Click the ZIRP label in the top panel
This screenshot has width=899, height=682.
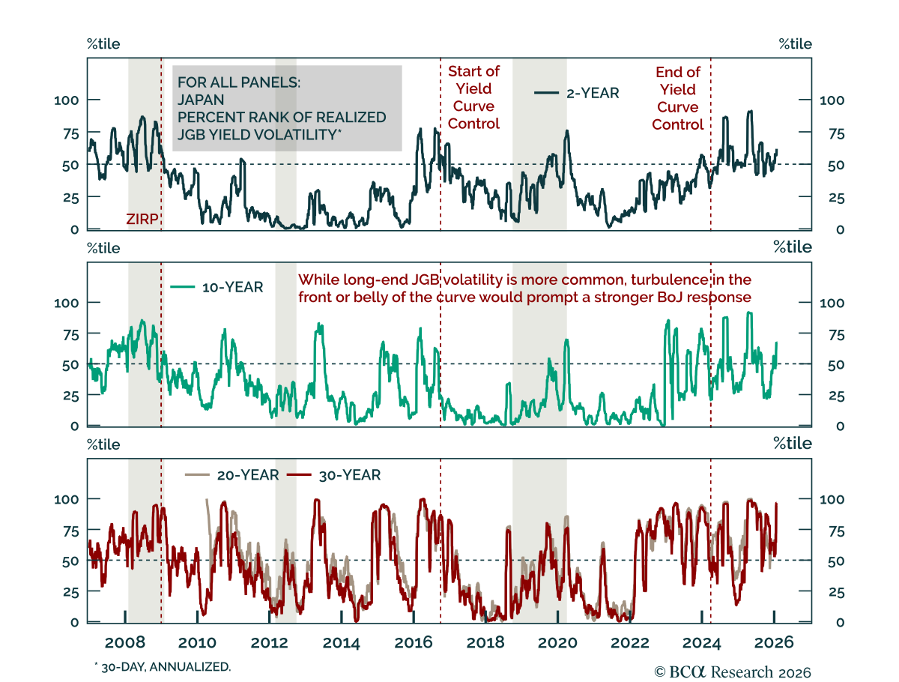(x=142, y=219)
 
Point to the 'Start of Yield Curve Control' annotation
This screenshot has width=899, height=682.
(x=473, y=97)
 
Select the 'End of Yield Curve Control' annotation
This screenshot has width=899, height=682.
(x=677, y=98)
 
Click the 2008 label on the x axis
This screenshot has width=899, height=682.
(x=124, y=642)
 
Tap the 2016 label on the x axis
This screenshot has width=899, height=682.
(x=413, y=642)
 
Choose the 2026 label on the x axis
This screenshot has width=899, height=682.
(x=773, y=642)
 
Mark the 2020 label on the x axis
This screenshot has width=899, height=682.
(x=557, y=642)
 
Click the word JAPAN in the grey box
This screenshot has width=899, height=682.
(x=201, y=100)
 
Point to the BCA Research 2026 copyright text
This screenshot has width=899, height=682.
(x=733, y=672)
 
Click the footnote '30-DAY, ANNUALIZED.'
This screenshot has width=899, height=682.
(x=163, y=666)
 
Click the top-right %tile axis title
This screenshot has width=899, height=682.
(x=795, y=44)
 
